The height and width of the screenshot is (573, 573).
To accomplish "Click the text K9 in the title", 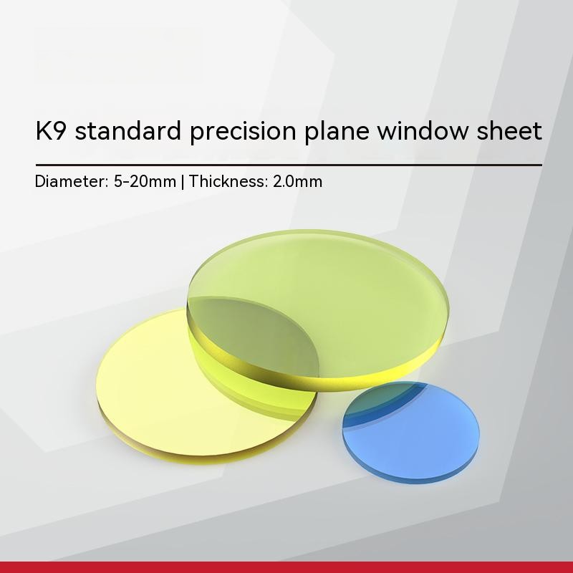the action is [x=51, y=131].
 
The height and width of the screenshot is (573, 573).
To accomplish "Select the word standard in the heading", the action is [x=128, y=130].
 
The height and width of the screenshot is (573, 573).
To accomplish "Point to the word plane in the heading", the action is [x=337, y=133].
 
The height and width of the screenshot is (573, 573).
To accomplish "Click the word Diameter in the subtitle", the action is [x=72, y=181].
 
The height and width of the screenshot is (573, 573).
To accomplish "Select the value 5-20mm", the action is [x=145, y=181].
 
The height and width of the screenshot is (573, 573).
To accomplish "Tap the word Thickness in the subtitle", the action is [x=228, y=181].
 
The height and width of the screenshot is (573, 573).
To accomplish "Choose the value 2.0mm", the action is [x=297, y=181].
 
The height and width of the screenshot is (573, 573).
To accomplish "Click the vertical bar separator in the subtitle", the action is [x=183, y=182].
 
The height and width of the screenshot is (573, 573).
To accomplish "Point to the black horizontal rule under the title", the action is [x=289, y=165].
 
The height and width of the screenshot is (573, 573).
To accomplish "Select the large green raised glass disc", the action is [x=318, y=310].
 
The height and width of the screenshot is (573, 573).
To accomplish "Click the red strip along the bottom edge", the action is [x=286, y=567].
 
